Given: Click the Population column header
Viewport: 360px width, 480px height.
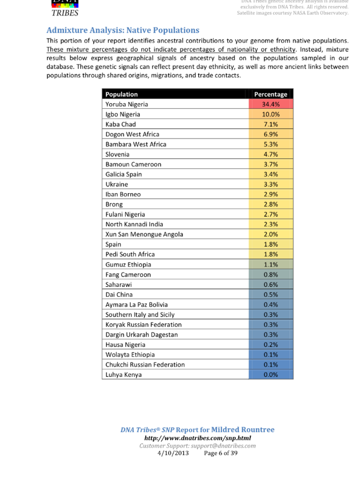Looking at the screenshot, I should click(121, 94).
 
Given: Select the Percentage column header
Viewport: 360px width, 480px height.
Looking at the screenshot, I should click(271, 94).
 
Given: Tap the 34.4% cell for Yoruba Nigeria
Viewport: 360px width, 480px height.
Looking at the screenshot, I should click(271, 104).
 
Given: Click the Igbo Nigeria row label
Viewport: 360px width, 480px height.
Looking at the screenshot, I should click(123, 114).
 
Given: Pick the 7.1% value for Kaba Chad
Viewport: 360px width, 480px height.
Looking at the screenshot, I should click(271, 124).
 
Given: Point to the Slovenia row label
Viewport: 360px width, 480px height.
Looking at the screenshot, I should click(118, 154).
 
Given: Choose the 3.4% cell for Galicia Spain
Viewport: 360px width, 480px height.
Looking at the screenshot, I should click(271, 174).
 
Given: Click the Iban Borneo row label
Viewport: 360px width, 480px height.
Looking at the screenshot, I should click(123, 194).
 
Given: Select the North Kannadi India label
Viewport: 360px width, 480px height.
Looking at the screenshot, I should click(134, 225).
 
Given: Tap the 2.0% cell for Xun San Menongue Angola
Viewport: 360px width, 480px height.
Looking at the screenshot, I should click(271, 234).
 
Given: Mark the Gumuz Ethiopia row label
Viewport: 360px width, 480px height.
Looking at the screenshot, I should click(128, 264).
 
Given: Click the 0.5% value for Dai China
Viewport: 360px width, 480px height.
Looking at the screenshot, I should click(271, 295).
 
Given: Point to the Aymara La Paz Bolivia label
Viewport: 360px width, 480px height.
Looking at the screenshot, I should click(136, 305).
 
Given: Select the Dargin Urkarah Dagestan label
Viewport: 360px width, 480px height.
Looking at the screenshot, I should click(141, 334).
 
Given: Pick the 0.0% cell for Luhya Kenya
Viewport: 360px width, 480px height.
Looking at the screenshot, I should click(271, 375).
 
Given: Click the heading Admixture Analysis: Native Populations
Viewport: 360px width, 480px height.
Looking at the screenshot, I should click(123, 30).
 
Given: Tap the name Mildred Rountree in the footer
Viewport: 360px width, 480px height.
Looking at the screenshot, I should click(242, 430).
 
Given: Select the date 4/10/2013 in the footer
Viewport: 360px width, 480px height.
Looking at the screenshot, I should click(173, 453).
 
